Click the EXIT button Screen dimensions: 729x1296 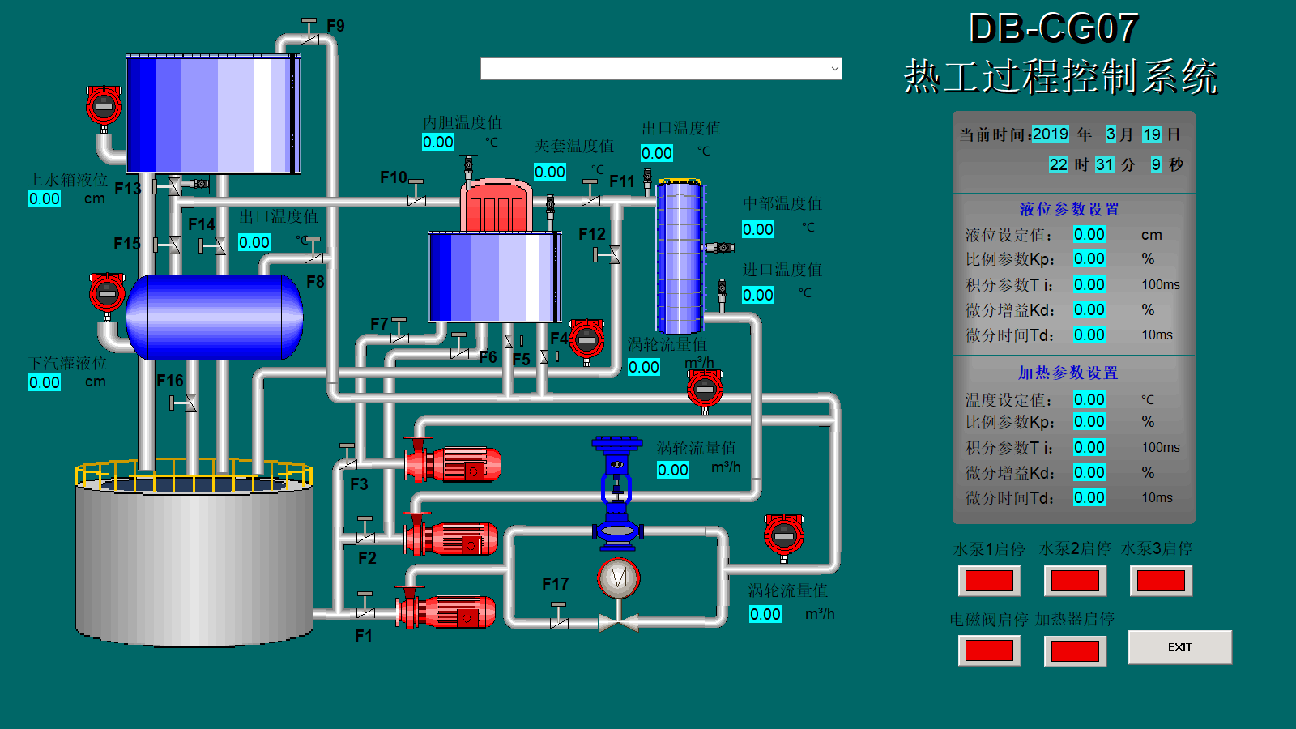(x=1179, y=647)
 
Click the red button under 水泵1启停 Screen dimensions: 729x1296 (x=989, y=581)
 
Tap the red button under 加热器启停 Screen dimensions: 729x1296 (x=1075, y=650)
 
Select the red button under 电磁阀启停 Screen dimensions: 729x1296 (x=989, y=650)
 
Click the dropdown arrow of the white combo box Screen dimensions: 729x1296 (x=834, y=69)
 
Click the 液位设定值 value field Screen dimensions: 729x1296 (x=1089, y=234)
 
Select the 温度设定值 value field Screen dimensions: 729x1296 (x=1089, y=399)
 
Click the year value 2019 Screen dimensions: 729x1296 (x=1050, y=134)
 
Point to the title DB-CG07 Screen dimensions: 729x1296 (x=1054, y=29)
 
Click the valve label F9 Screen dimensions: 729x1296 (x=335, y=26)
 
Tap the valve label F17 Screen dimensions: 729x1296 (x=555, y=584)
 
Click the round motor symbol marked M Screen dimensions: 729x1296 (x=619, y=578)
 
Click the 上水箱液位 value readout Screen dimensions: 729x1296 (x=45, y=198)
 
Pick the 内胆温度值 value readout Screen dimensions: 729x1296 (x=438, y=142)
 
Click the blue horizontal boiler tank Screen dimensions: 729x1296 (x=215, y=317)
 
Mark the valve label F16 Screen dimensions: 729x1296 (x=170, y=381)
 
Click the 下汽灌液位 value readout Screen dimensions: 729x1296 (x=45, y=382)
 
